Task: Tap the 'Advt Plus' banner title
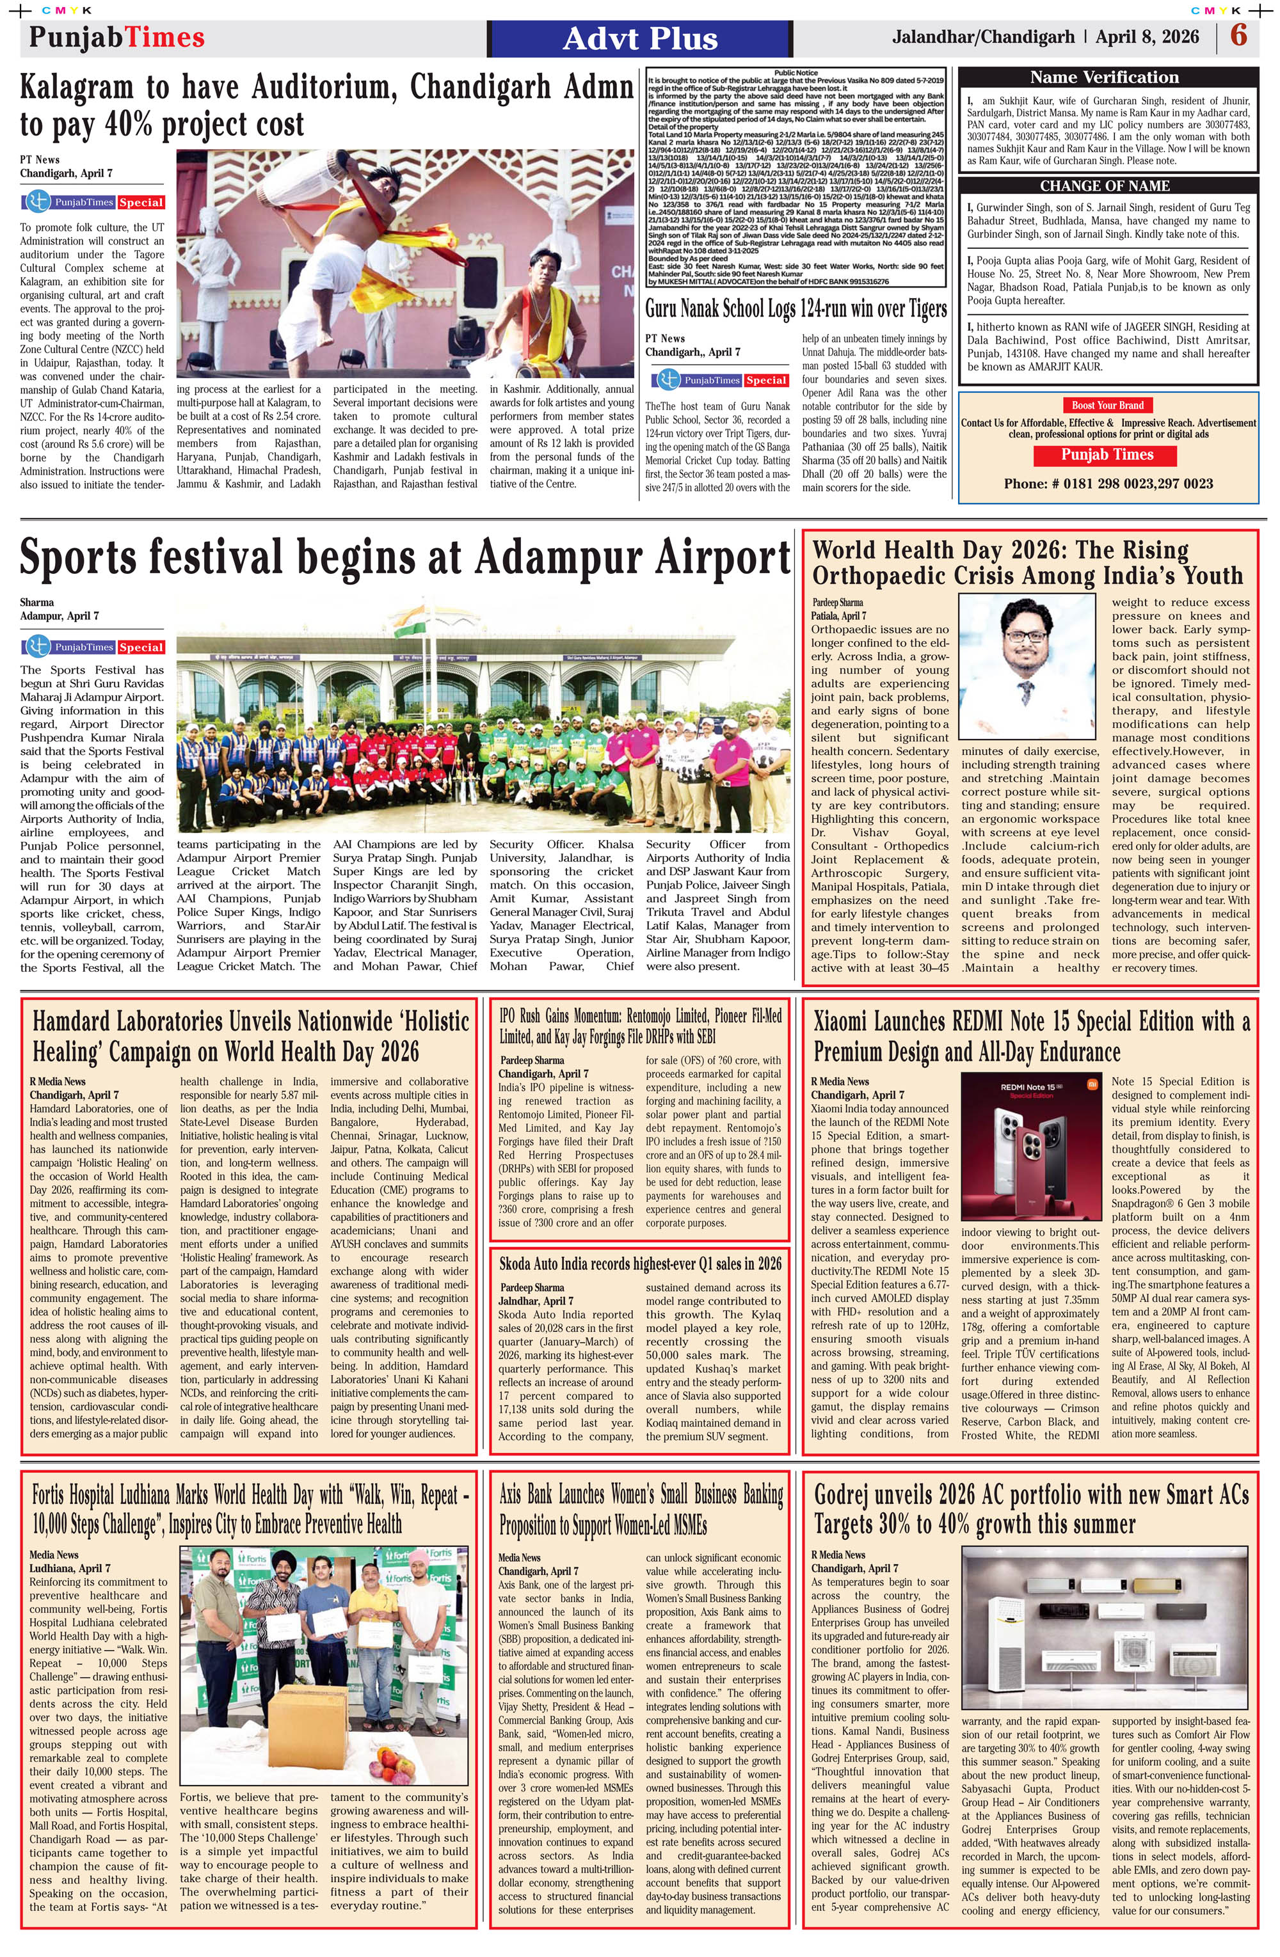640,38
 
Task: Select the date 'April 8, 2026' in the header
1147,37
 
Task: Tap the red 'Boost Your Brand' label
1107,404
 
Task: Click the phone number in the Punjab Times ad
1107,484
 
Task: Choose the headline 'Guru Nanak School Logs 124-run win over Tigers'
796,309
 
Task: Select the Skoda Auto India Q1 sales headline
640,1263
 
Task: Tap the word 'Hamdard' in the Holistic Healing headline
80,1022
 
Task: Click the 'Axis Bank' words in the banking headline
534,1495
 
